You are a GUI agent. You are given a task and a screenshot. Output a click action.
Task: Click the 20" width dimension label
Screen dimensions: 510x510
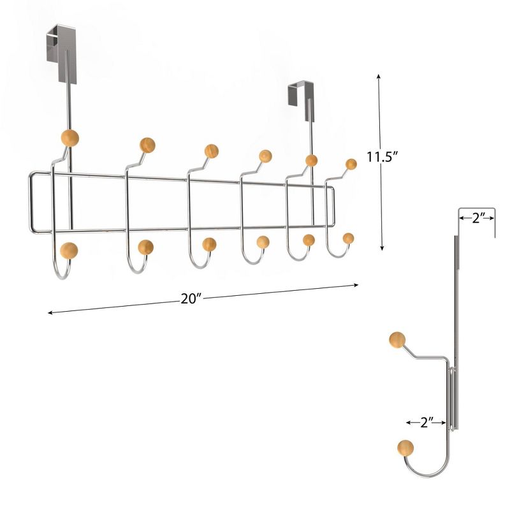[190, 298]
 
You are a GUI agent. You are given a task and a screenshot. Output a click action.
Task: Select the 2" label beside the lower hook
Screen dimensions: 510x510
[424, 421]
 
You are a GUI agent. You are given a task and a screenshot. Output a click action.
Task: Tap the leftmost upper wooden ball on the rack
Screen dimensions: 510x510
[69, 137]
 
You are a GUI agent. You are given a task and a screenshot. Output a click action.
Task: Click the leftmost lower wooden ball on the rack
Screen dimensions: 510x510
[69, 251]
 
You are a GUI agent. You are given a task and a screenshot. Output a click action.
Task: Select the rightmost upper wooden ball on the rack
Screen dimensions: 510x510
[351, 164]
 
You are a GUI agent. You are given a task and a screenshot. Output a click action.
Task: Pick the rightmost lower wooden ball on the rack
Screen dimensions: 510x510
[348, 238]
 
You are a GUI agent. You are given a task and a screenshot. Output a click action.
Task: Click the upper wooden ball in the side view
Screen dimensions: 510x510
[397, 340]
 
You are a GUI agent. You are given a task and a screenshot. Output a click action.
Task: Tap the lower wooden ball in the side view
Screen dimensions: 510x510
[404, 448]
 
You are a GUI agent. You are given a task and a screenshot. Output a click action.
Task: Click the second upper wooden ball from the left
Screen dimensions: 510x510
[147, 145]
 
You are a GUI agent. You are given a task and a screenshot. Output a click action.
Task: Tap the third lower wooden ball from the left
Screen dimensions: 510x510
[208, 244]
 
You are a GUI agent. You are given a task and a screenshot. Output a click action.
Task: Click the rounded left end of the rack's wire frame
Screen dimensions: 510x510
[31, 201]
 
